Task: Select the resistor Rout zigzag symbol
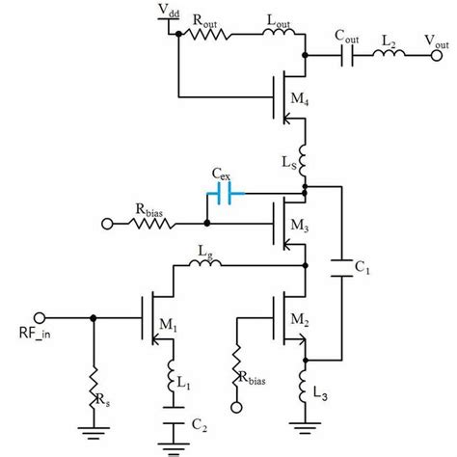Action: [209, 36]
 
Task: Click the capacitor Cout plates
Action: [347, 57]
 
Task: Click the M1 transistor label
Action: [170, 324]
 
